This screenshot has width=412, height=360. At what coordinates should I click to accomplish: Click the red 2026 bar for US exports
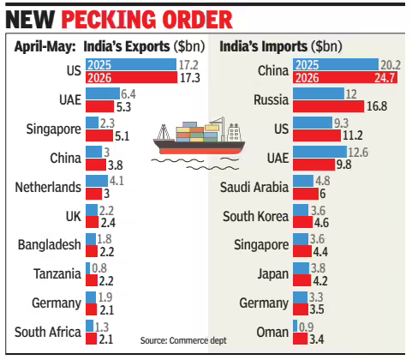click(131, 77)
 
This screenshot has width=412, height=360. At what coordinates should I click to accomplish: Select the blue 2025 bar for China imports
click(336, 64)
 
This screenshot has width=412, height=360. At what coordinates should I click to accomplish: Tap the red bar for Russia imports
click(328, 106)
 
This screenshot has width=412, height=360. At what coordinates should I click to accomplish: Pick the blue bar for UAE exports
click(103, 93)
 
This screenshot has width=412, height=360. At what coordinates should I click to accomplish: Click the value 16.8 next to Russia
click(377, 106)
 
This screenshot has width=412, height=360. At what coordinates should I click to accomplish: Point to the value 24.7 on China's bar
click(385, 78)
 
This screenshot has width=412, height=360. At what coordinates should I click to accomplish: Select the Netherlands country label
click(48, 188)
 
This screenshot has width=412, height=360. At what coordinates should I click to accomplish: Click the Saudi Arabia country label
click(254, 188)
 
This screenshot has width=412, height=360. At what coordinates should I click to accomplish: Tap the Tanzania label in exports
click(57, 274)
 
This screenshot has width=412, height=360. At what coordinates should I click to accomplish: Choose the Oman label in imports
click(272, 333)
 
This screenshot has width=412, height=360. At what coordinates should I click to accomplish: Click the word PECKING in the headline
click(108, 20)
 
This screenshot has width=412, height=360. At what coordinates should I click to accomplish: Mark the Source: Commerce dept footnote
click(183, 340)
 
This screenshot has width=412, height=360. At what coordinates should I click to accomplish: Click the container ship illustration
click(199, 136)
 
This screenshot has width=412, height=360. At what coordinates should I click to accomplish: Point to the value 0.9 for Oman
click(306, 327)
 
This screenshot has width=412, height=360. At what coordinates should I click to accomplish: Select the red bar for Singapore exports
click(99, 135)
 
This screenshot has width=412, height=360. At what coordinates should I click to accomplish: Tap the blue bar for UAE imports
click(319, 152)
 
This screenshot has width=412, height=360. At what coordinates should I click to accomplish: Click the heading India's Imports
click(263, 46)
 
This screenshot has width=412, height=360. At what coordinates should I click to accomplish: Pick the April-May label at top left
click(45, 47)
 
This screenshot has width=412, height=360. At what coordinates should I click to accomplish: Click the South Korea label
click(255, 216)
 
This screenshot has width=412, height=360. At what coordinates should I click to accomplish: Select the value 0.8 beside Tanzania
click(99, 268)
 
